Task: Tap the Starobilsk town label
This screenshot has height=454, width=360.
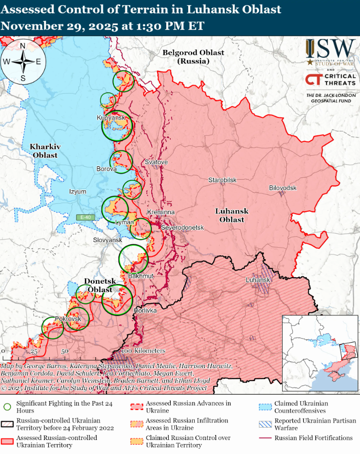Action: (222, 180)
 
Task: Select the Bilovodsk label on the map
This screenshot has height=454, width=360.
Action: (283, 188)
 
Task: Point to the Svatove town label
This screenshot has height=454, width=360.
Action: (156, 163)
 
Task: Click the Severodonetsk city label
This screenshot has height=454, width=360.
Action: (183, 228)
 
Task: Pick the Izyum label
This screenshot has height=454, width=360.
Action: (77, 192)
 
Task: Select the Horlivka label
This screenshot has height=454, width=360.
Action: (145, 311)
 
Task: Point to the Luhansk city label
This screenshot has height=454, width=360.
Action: (258, 280)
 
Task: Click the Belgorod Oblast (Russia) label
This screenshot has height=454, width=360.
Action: (193, 57)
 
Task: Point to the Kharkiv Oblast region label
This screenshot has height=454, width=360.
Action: (45, 151)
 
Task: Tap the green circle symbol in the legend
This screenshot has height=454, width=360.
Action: (7, 404)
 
